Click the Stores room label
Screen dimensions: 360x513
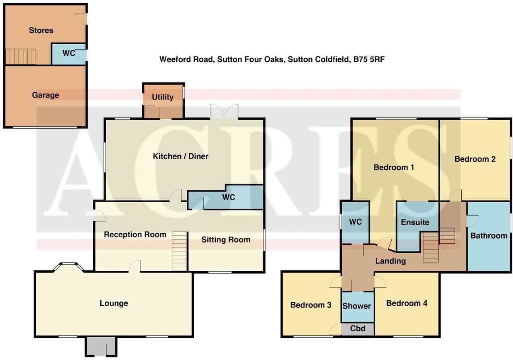[x=41, y=30]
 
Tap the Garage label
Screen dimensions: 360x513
[x=45, y=95]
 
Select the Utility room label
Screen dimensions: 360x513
[x=163, y=97]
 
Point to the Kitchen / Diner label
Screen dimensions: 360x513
[x=181, y=156]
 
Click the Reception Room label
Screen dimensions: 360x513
[x=135, y=235]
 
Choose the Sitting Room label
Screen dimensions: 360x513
[x=226, y=239]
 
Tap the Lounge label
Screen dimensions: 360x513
[x=114, y=303]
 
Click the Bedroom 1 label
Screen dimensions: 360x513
[x=394, y=167]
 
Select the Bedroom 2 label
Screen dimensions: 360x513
[x=475, y=159]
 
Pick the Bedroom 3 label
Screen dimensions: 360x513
[x=310, y=305]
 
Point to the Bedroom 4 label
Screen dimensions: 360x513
[x=406, y=303]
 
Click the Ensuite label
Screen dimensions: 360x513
[x=415, y=222]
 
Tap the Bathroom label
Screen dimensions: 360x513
[x=489, y=235]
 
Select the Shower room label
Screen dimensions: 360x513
[x=357, y=306]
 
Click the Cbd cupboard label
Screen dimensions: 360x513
[x=357, y=329]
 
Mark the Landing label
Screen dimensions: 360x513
[x=390, y=261]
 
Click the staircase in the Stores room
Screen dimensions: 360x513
[x=21, y=57]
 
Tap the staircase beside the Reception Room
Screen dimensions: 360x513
[x=179, y=251]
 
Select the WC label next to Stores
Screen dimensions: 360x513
[x=69, y=53]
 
